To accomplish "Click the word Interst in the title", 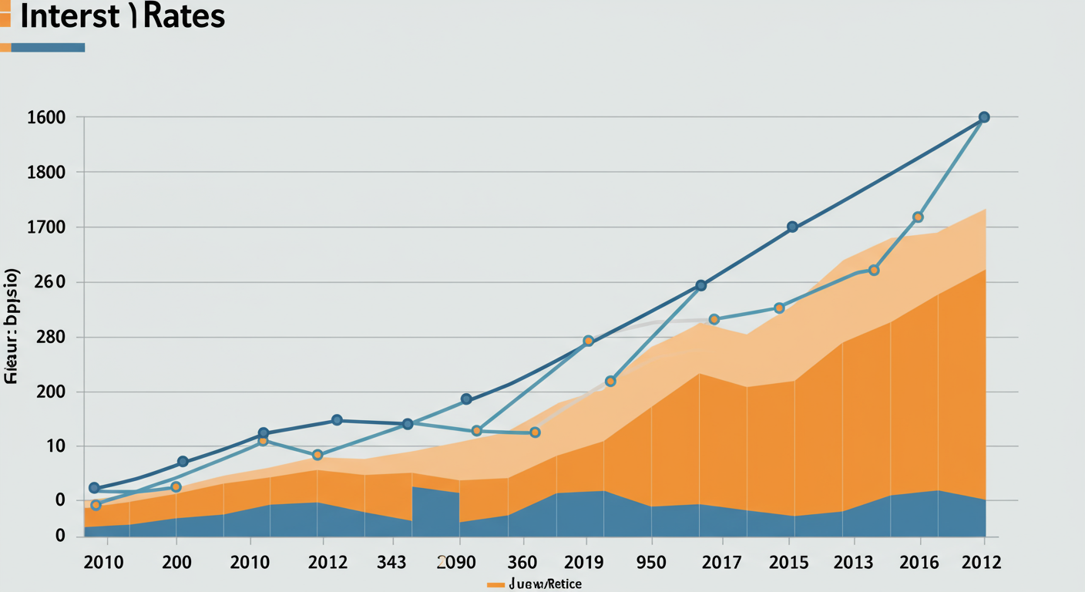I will [70, 16].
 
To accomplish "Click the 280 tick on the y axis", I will [51, 338].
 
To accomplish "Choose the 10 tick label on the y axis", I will [55, 446].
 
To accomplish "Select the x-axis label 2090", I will [457, 562].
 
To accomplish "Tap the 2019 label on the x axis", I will [584, 562].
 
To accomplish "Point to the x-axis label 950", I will [650, 562].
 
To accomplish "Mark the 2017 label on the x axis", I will [721, 562].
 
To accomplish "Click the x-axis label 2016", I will [919, 562].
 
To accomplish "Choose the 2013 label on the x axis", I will [853, 562].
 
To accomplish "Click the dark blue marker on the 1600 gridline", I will [984, 117].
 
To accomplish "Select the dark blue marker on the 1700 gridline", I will [792, 227].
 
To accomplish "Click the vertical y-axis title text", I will [12, 327].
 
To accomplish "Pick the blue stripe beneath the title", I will [48, 47].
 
